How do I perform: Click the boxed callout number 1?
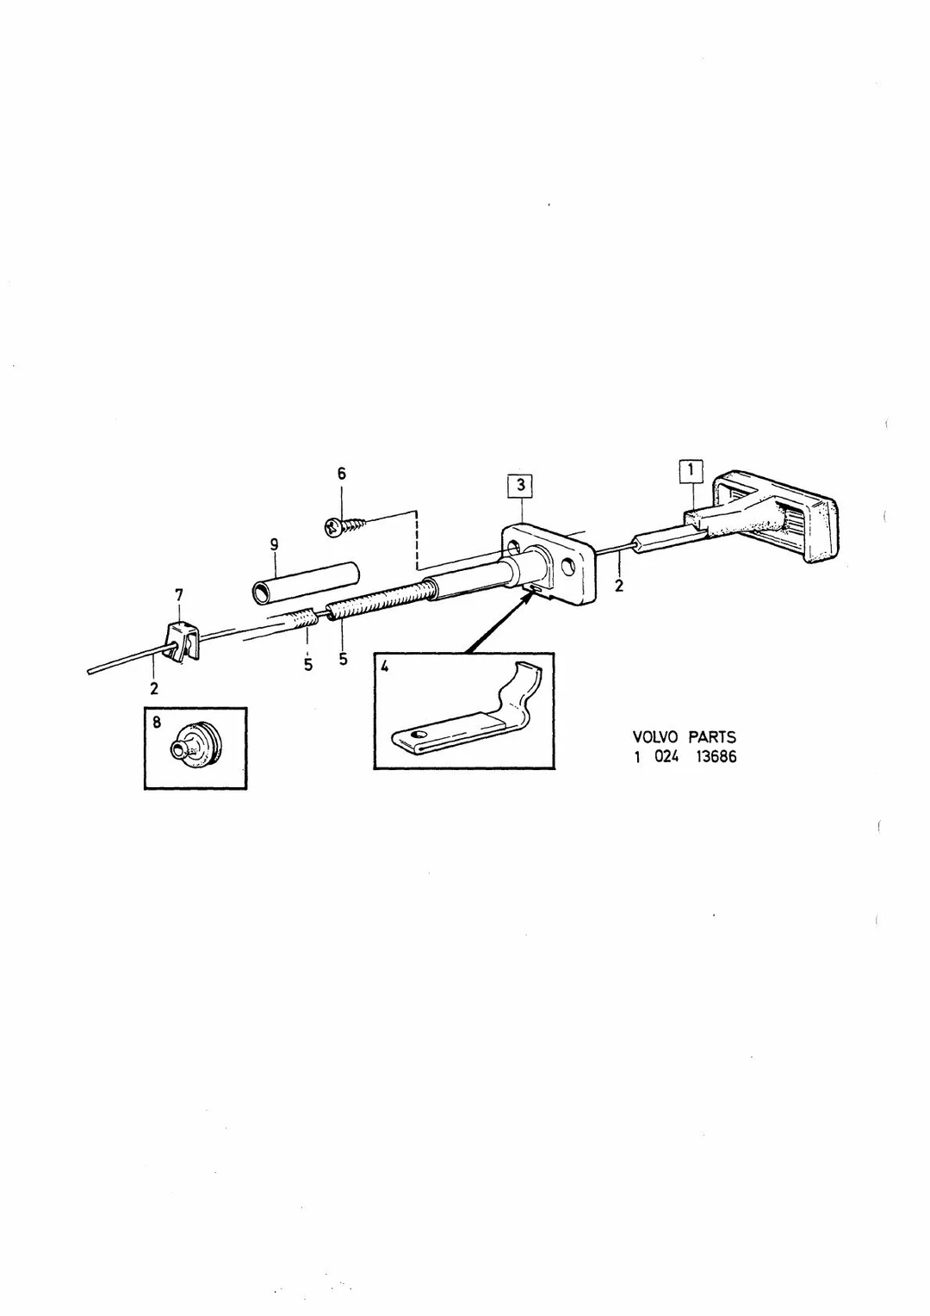coord(691,470)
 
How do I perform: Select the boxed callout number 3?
coord(520,486)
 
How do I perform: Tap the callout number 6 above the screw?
coord(342,474)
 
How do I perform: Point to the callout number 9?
coord(275,544)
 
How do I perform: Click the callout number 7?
coord(179,596)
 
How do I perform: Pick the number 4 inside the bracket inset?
coord(385,667)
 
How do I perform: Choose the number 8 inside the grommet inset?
coord(156,722)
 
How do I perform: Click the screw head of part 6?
coord(334,526)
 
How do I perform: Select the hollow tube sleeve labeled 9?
coord(306,581)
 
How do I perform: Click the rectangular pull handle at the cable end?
coord(776,517)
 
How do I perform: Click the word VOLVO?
coord(655,736)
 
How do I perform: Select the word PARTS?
coord(713,736)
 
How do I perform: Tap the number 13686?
coord(716,757)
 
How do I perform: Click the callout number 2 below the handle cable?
coord(618,585)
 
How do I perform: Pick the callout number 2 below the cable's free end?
coord(154,688)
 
